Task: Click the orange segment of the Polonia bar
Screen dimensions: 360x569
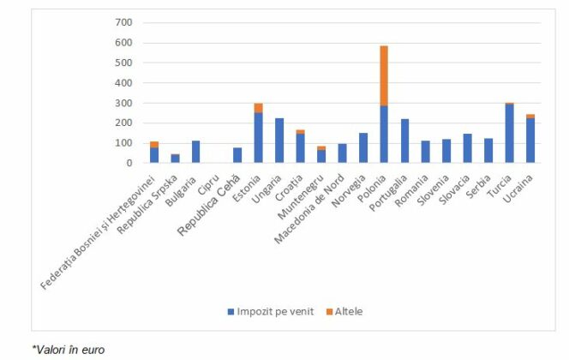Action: (384, 75)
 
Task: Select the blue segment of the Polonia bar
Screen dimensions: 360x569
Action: (384, 135)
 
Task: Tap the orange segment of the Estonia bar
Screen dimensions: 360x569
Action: (258, 108)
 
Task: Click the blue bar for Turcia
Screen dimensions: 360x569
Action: (509, 133)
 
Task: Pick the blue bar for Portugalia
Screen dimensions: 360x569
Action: (404, 141)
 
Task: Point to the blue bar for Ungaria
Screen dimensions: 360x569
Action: (279, 141)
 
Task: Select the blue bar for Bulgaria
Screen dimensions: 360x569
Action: (195, 152)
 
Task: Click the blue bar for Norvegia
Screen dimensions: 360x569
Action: (362, 147)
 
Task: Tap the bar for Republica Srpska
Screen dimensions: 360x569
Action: (175, 159)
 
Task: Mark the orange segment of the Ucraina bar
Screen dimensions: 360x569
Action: (530, 116)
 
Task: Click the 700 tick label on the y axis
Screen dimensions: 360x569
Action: (123, 22)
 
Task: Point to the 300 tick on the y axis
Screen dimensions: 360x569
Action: (123, 103)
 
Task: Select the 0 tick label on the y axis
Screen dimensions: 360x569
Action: (129, 163)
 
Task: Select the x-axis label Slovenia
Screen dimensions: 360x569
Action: (435, 184)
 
